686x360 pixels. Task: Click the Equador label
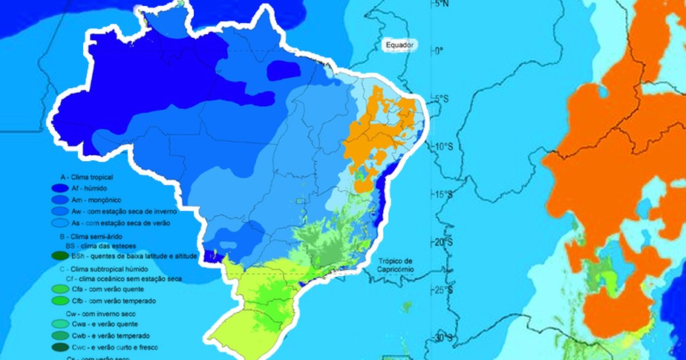point(399,45)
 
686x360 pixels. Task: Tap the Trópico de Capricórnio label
point(398,265)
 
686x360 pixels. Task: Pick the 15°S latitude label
point(442,194)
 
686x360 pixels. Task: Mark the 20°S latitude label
point(442,243)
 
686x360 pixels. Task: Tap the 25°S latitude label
point(442,289)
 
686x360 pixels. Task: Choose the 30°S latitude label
point(442,338)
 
